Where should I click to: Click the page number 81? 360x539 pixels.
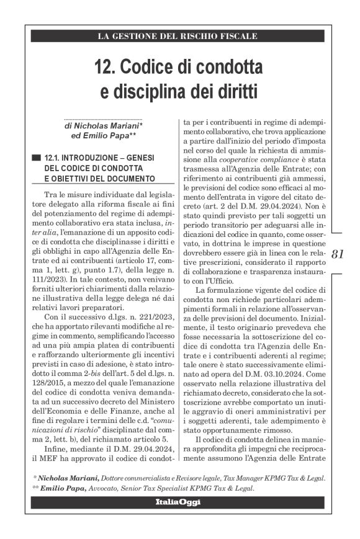point(338,253)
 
